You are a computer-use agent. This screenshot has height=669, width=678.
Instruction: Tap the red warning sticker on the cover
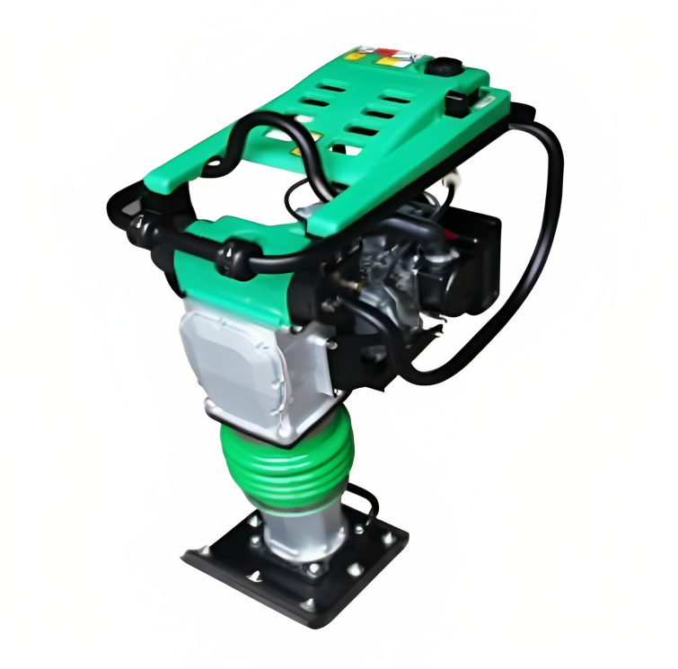(387, 54)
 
